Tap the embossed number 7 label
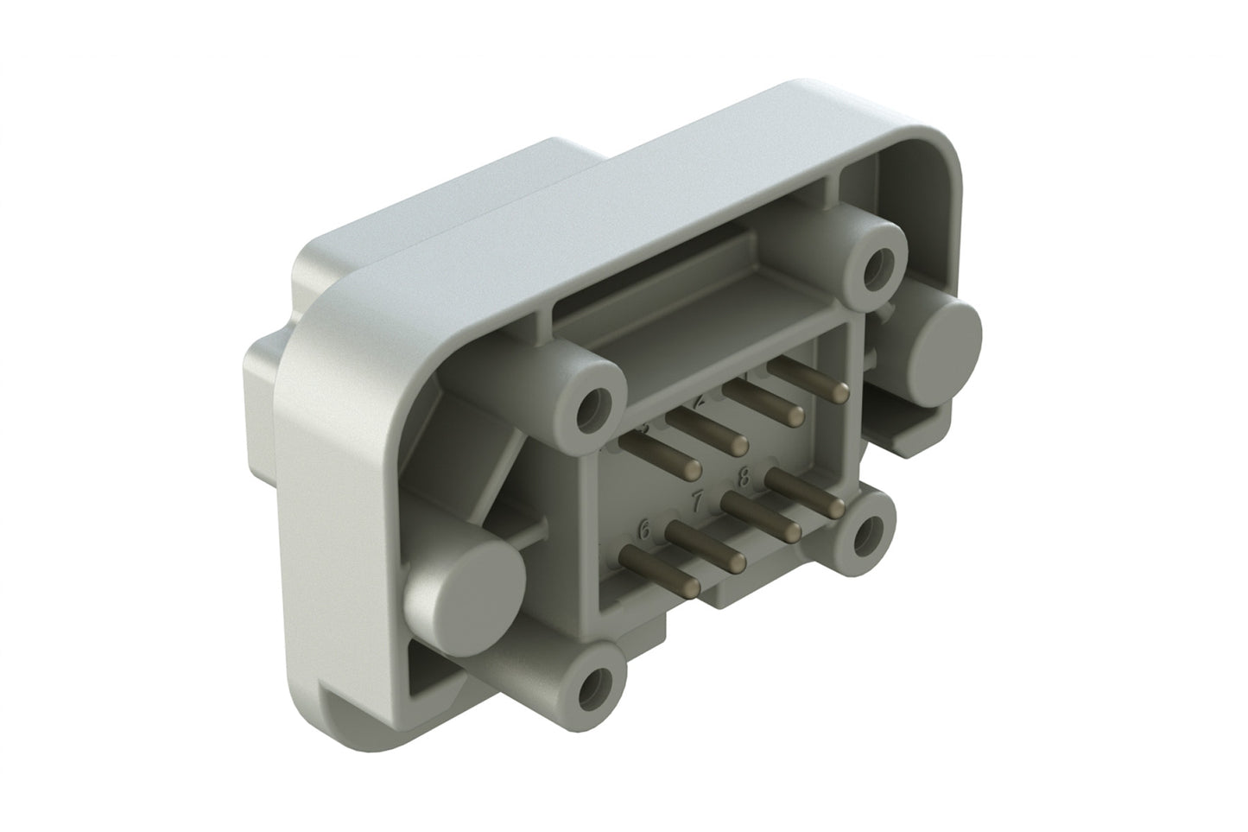pos(698,500)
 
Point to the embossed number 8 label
pos(744,473)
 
